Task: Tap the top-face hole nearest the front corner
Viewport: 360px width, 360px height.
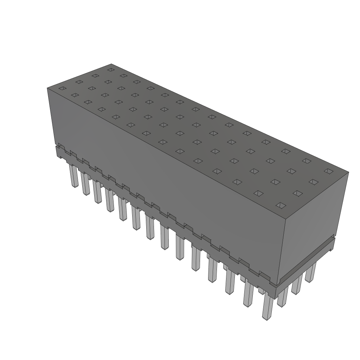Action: click(280, 205)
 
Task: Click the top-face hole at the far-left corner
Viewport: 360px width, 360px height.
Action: click(62, 88)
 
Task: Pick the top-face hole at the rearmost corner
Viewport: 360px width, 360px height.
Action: click(111, 70)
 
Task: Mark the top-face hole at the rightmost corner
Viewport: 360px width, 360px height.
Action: click(328, 171)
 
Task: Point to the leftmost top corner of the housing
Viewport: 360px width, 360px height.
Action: click(47, 88)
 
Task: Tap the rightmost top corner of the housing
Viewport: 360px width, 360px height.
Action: click(348, 172)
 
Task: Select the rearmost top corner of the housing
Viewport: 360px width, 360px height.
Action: click(111, 64)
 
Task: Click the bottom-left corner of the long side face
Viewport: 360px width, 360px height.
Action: click(56, 144)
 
